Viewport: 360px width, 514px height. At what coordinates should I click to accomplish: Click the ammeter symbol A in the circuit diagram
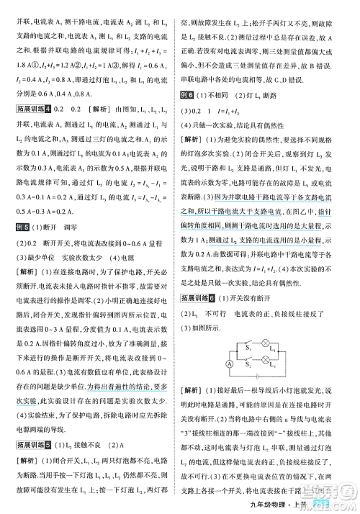click(x=228, y=364)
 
